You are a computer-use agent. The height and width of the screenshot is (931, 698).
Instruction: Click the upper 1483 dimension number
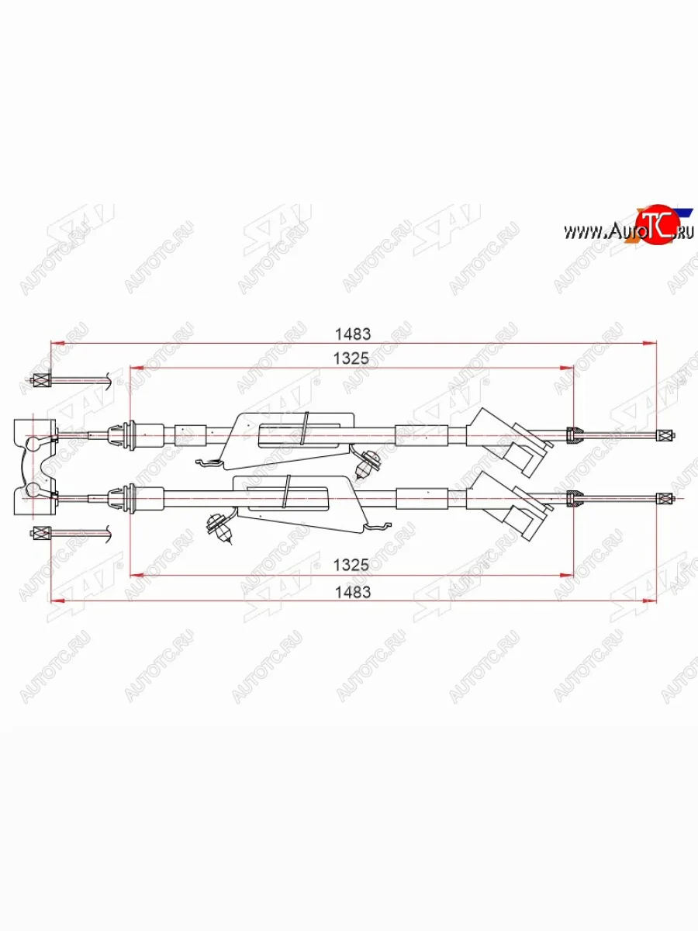pos(353,334)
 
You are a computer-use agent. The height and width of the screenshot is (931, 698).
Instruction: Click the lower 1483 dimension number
pos(353,591)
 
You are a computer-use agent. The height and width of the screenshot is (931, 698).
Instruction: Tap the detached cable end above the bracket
pos(40,380)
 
